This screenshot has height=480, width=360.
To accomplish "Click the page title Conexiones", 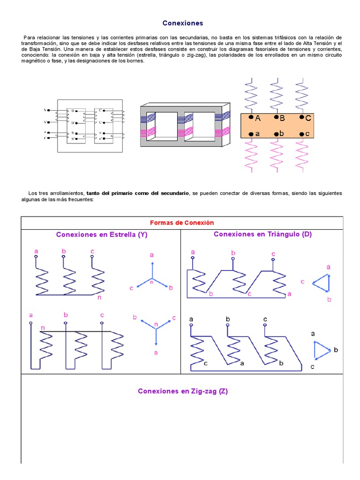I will [x=183, y=23].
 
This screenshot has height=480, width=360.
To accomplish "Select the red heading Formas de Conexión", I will [x=181, y=223].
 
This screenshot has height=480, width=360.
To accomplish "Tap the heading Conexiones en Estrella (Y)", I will [x=102, y=235].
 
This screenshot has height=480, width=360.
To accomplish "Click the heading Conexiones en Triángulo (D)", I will [x=262, y=234].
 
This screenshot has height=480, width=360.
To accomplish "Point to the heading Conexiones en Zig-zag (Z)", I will [x=182, y=391].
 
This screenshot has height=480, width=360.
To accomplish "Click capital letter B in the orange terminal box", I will [x=282, y=119].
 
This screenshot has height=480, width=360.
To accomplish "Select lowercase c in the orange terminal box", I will [x=307, y=134].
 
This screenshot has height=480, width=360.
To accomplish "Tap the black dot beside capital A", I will [x=251, y=118].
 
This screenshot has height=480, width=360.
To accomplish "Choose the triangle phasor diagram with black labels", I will [x=322, y=350].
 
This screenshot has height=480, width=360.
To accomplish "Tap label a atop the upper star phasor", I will [x=151, y=255].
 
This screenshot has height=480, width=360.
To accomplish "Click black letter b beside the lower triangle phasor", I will [x=336, y=350].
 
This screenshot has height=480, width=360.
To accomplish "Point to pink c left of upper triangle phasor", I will [x=302, y=282].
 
